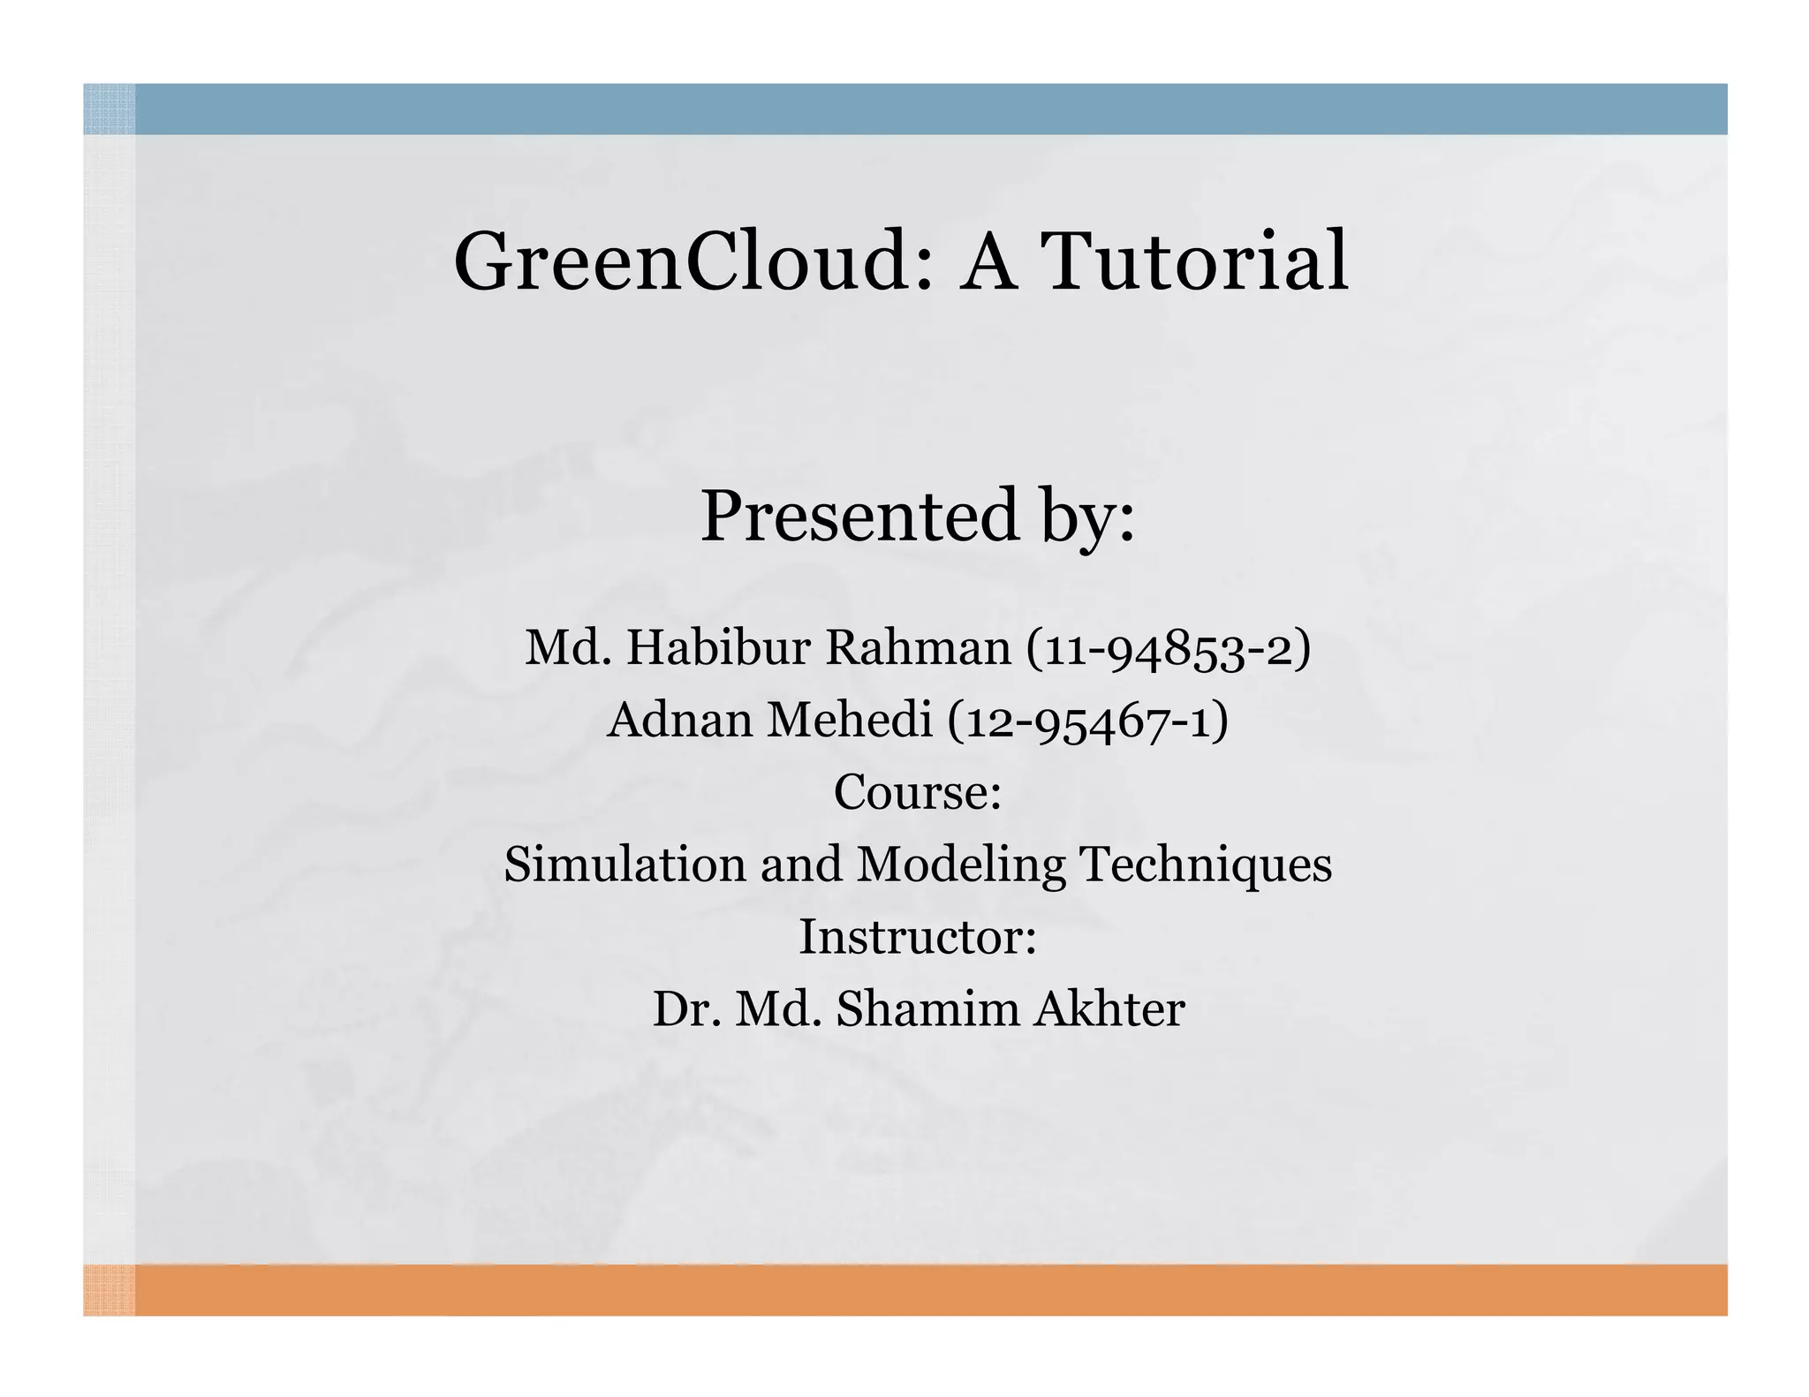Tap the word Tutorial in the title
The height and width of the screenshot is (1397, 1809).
(x=1195, y=262)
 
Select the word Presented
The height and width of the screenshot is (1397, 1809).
(x=859, y=517)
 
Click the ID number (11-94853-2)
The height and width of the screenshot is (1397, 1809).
(x=1168, y=649)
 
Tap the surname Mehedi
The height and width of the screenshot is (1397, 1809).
(x=850, y=720)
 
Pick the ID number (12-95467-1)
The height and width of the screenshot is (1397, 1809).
(x=1087, y=721)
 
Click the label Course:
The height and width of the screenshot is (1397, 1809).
(x=917, y=792)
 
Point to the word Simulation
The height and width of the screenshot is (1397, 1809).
(x=624, y=865)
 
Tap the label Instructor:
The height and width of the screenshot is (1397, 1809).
(x=917, y=937)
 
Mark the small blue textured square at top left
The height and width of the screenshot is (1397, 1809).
(x=109, y=109)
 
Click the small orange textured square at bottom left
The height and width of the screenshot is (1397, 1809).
(x=109, y=1289)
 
